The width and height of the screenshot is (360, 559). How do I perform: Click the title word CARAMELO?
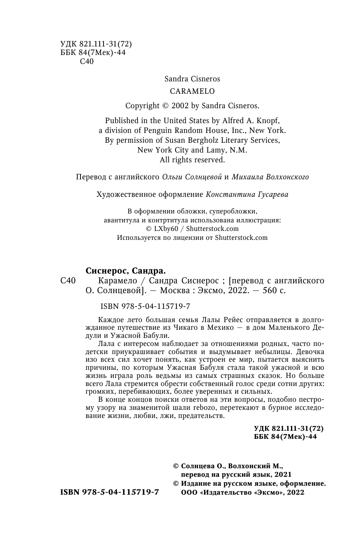click(x=192, y=91)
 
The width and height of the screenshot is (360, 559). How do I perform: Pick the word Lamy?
click(x=218, y=150)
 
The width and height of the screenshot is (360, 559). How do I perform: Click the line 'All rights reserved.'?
click(x=192, y=160)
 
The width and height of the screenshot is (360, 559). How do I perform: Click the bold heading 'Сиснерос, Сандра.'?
click(x=125, y=271)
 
